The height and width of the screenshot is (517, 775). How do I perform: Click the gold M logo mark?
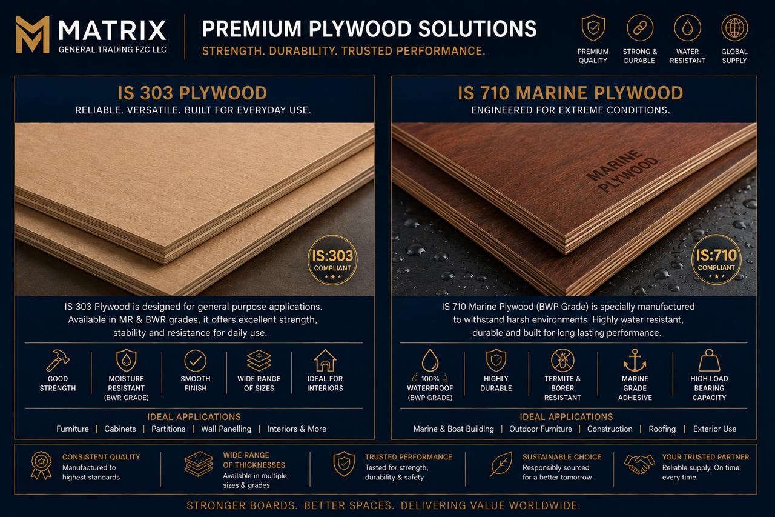[x=33, y=35]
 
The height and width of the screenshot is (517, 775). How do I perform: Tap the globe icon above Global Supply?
[x=734, y=28]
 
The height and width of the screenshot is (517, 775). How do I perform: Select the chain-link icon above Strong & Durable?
[x=640, y=28]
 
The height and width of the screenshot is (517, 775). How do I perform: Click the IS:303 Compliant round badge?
[x=332, y=259]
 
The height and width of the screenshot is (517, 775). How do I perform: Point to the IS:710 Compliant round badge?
[x=716, y=259]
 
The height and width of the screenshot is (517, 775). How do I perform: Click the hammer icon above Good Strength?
[x=58, y=360]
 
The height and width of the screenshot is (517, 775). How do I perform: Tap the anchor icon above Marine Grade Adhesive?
[x=635, y=361]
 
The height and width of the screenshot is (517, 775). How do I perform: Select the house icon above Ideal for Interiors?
[x=325, y=360]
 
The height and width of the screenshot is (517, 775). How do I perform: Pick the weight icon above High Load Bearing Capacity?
[x=709, y=360]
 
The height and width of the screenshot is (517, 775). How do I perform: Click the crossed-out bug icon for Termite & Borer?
[x=562, y=360]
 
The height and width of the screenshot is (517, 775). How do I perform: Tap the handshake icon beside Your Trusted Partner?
[x=639, y=464]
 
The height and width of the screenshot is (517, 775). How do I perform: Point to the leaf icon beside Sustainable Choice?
[x=501, y=464]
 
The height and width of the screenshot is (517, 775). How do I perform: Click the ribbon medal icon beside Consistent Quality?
[x=41, y=465]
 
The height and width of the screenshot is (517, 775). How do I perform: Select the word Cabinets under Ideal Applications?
[x=120, y=429]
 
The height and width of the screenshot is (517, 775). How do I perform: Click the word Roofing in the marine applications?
[x=662, y=429]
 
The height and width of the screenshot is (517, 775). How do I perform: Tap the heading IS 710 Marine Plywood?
[x=570, y=93]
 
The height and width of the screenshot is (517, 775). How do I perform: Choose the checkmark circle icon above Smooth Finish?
[x=195, y=361]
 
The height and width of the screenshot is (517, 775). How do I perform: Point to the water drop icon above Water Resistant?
[x=687, y=28]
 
